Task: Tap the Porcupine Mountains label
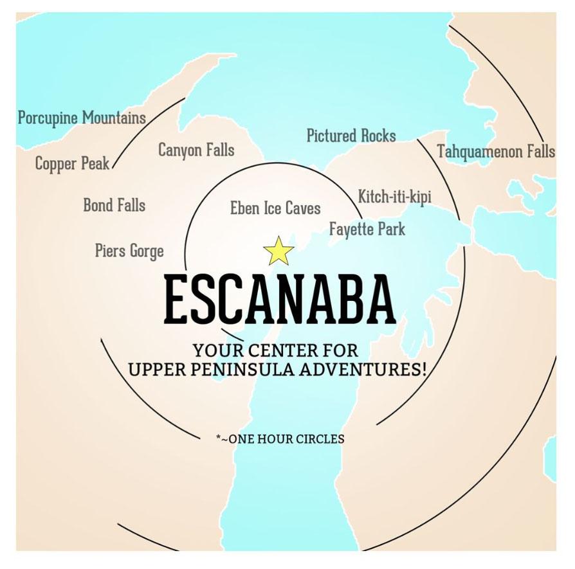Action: click(x=82, y=118)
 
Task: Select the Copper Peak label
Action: click(x=72, y=164)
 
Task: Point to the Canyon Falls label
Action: click(x=196, y=150)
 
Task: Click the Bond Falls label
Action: click(x=114, y=206)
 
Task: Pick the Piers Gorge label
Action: click(x=129, y=251)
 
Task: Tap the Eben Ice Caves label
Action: click(x=275, y=208)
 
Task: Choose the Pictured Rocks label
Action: click(x=351, y=136)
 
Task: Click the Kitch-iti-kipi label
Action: click(x=394, y=197)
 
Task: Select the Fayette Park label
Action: click(x=367, y=229)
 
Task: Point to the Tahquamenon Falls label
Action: click(x=495, y=152)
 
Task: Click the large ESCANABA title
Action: click(x=280, y=300)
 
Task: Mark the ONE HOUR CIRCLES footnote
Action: click(x=280, y=439)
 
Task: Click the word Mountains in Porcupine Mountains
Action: click(x=113, y=118)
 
